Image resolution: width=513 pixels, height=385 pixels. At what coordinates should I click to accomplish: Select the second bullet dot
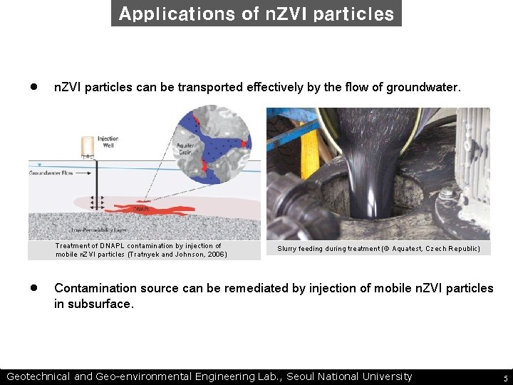point(33,288)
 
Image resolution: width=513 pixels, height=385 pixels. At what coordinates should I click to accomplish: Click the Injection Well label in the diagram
point(108,142)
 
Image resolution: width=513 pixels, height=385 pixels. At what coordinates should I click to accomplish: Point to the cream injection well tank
point(88,146)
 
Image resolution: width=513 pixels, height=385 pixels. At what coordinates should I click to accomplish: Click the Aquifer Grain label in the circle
point(185,149)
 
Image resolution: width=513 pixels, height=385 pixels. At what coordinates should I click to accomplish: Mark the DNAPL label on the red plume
point(140,209)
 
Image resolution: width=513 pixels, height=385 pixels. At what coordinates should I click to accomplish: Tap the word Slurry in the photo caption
point(288,249)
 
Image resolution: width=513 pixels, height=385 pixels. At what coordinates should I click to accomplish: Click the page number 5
point(505,378)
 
